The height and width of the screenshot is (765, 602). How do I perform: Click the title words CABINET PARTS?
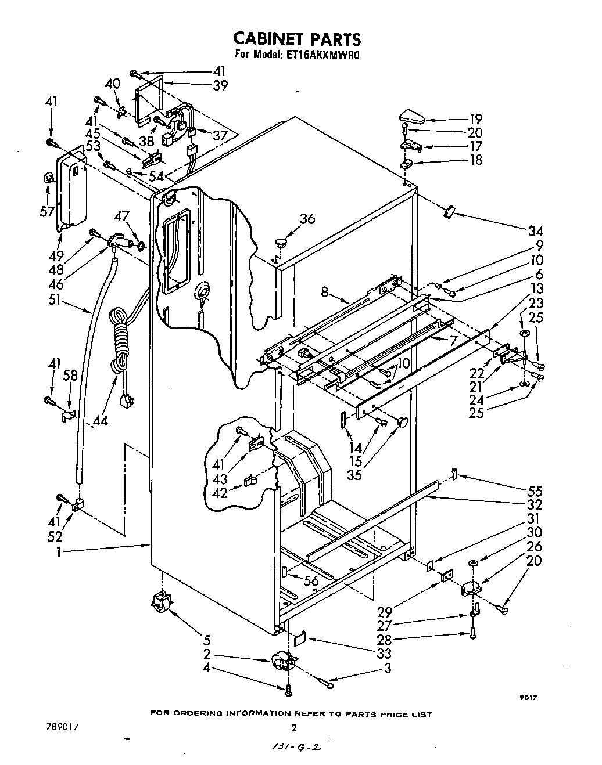click(x=297, y=39)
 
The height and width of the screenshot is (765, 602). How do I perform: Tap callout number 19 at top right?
click(x=475, y=120)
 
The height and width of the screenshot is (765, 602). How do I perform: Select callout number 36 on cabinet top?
click(x=307, y=219)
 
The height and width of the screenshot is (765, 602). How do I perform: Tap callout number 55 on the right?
click(x=533, y=492)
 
